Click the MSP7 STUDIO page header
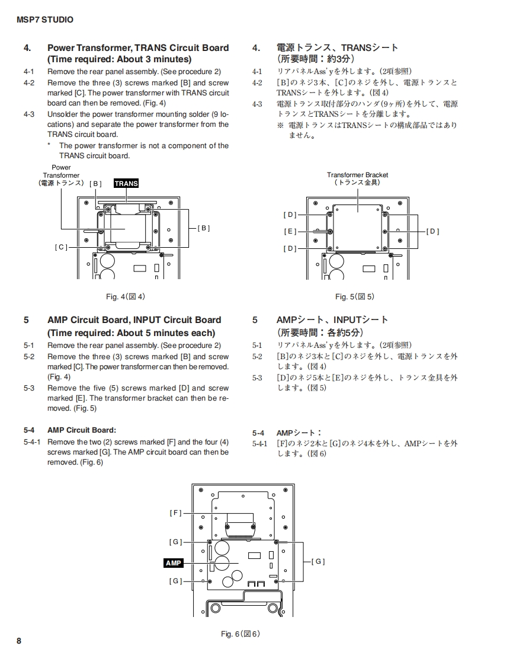click(45, 20)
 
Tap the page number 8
click(19, 641)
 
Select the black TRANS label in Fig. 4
click(126, 183)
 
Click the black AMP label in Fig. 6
click(174, 562)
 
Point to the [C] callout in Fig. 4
click(61, 247)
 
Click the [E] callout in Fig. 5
click(290, 232)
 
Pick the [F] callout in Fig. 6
click(175, 513)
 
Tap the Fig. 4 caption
click(125, 296)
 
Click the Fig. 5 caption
click(355, 296)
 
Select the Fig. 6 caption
click(241, 634)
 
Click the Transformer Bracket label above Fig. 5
click(358, 178)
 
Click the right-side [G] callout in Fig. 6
click(318, 561)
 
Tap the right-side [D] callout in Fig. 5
click(433, 232)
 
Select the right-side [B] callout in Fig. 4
click(203, 228)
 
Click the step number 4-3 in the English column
click(29, 114)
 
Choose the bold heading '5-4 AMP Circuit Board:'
click(82, 430)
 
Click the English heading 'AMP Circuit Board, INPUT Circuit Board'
click(134, 320)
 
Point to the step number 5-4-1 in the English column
click(32, 442)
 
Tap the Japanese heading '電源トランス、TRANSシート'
click(338, 48)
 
